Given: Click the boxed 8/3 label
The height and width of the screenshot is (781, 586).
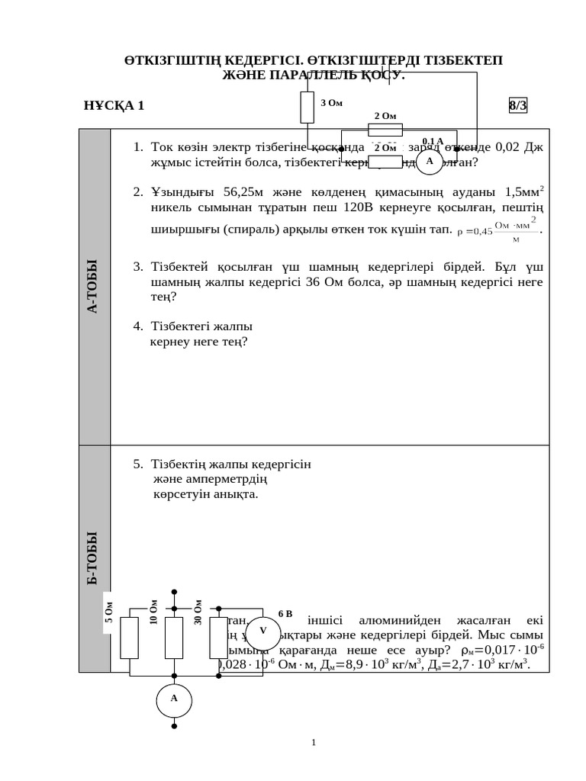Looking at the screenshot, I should [x=518, y=106].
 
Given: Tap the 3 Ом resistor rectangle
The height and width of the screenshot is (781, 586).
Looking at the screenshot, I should [x=307, y=108].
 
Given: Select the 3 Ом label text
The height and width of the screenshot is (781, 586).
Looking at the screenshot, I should [x=331, y=102].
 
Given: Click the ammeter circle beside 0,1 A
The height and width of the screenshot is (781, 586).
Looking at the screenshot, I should [x=430, y=161].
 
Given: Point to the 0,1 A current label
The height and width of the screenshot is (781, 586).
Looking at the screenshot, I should [x=433, y=141].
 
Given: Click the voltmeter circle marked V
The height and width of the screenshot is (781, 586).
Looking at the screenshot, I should [x=263, y=631].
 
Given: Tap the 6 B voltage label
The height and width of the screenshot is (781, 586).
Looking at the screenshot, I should [x=285, y=612].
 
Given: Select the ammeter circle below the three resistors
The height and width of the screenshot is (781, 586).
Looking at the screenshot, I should [x=174, y=698].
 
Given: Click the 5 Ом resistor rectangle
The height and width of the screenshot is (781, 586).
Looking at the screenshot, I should [x=130, y=638].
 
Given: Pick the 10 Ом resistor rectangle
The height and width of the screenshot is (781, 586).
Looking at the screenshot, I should [x=174, y=638].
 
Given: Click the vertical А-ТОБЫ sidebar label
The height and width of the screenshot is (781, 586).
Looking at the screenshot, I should [x=94, y=287].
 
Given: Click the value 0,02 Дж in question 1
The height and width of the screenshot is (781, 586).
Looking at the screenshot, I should [x=520, y=147].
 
